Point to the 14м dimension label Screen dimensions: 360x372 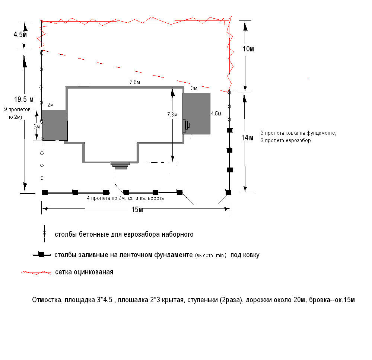(247, 138)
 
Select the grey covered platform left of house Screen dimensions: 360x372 (54, 125)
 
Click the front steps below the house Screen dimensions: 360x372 (120, 165)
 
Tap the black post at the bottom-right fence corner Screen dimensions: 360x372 (229, 192)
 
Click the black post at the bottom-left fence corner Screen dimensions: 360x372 (45, 192)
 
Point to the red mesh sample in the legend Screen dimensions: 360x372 (36, 273)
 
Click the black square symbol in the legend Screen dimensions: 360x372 (42, 255)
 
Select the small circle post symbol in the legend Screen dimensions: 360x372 (44, 233)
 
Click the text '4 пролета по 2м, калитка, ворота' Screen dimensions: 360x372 (125, 198)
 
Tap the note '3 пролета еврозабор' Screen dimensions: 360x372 (286, 141)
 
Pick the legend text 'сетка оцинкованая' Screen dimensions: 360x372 (84, 272)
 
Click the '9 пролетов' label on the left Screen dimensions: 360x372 (16, 110)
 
